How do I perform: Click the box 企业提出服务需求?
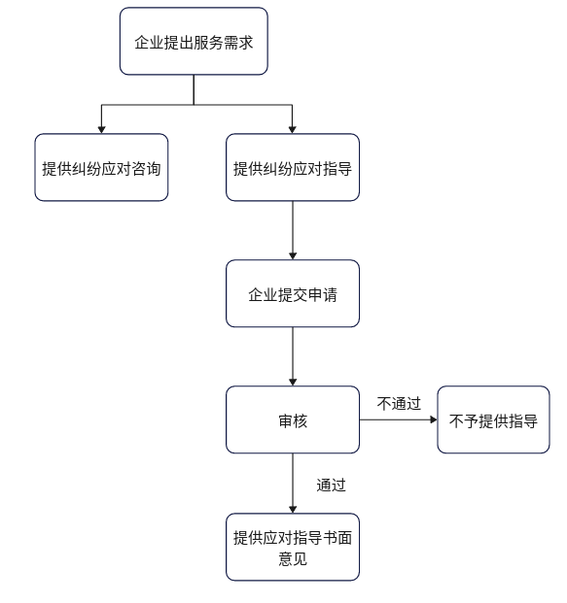point(194,41)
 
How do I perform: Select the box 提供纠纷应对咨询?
point(101,167)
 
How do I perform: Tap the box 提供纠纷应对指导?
point(293,167)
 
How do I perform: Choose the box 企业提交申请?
point(293,293)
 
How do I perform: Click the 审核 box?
point(293,419)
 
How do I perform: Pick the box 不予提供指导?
point(493,419)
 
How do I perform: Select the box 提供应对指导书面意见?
point(293,547)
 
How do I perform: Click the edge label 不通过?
point(399,403)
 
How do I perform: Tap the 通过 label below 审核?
point(331,485)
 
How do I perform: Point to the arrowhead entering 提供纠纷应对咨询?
point(101,129)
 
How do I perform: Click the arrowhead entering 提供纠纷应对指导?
point(293,129)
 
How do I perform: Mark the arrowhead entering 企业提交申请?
point(293,255)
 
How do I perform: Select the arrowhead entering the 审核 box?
point(293,382)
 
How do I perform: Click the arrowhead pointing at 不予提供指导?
point(434,419)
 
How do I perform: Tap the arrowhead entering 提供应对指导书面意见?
point(293,509)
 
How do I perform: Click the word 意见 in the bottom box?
point(293,558)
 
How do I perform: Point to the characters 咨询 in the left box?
point(146,168)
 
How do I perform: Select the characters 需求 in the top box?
point(238,43)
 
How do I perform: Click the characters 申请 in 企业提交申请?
point(323,295)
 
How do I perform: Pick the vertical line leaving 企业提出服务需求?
point(194,89)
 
